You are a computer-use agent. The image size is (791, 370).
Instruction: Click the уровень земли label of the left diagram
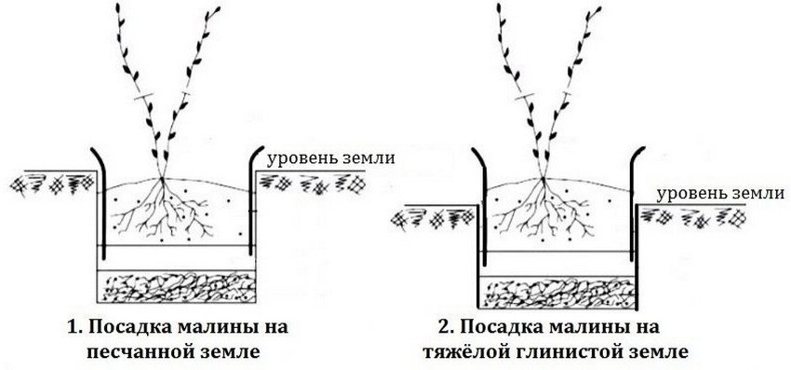click(331, 158)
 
